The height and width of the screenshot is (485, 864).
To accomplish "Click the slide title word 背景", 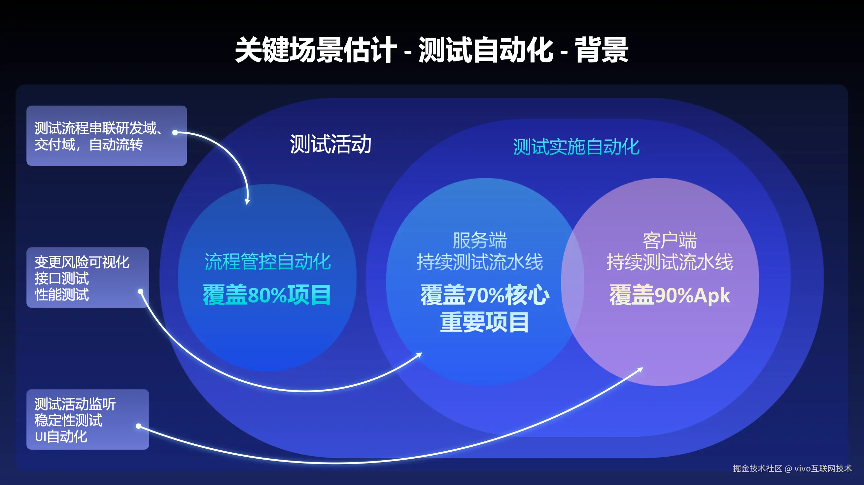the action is (602, 50).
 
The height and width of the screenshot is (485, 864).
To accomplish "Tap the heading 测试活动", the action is (331, 144).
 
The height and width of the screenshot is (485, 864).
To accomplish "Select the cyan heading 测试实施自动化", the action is (576, 147).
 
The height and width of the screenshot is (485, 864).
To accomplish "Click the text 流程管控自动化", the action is (268, 261).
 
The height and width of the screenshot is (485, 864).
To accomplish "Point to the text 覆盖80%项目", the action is (267, 295).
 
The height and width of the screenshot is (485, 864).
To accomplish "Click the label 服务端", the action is (480, 240).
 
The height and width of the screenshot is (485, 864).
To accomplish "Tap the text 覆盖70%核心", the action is (485, 295).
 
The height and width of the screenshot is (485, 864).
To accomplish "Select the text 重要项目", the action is (484, 322).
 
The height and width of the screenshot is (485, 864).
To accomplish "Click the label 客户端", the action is (670, 240).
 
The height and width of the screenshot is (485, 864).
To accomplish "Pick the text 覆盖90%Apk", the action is (670, 295).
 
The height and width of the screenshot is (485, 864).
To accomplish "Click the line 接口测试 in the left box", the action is (62, 278).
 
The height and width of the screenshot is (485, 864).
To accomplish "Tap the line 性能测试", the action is (62, 294).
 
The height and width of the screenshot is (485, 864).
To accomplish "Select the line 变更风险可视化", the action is (82, 262).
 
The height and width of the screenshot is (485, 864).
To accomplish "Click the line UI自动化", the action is (61, 437).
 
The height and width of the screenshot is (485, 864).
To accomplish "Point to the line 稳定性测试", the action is (68, 421).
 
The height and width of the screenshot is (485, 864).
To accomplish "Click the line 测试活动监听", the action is (75, 404).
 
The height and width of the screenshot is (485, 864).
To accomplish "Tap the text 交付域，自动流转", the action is (88, 145).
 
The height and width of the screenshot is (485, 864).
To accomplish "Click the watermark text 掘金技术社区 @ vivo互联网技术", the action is (792, 468).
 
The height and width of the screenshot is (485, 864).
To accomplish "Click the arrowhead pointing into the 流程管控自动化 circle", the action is (247, 201).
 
